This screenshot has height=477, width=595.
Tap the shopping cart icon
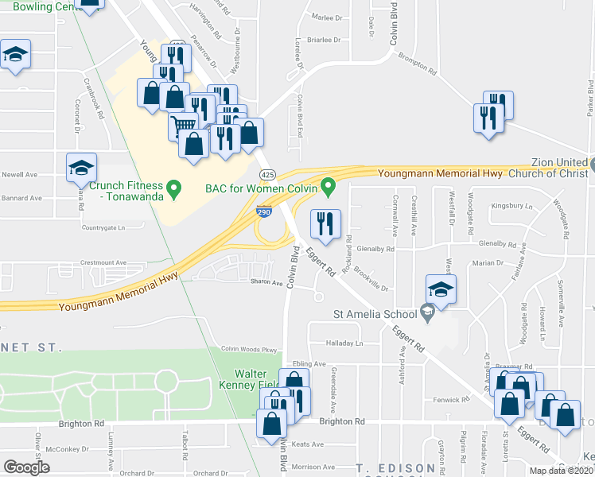[x=184, y=126]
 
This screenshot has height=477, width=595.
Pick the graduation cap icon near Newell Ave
[x=81, y=167]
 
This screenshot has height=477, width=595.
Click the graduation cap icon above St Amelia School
[x=441, y=289]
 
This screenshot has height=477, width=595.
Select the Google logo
[x=26, y=467]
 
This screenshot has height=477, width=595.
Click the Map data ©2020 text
[x=562, y=471]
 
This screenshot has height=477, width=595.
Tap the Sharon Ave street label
[x=266, y=282]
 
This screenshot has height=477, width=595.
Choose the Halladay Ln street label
[x=343, y=343]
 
